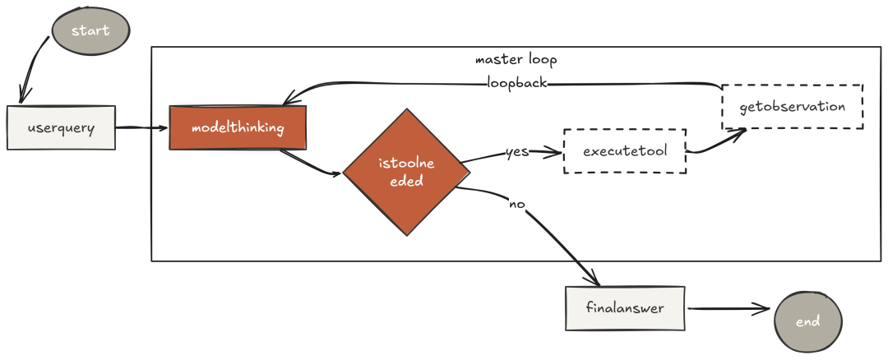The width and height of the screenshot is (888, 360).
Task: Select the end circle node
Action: pyautogui.click(x=808, y=321)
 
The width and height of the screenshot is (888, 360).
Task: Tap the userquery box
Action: pyautogui.click(x=61, y=128)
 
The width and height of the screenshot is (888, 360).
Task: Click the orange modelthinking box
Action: pyautogui.click(x=238, y=128)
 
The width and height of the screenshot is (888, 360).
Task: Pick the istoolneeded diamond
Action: pyautogui.click(x=406, y=172)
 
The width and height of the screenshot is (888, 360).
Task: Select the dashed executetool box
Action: pyautogui.click(x=625, y=151)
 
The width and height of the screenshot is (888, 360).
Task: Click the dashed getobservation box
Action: pyautogui.click(x=793, y=107)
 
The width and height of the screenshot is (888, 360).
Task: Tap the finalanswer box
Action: pyautogui.click(x=625, y=308)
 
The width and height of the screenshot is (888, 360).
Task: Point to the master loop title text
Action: pyautogui.click(x=516, y=61)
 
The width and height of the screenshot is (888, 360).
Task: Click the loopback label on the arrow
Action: pyautogui.click(x=516, y=83)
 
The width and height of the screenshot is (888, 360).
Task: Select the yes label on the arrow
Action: pyautogui.click(x=516, y=152)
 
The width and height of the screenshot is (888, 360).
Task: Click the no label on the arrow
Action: pyautogui.click(x=516, y=203)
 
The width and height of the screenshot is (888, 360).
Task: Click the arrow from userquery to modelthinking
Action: pyautogui.click(x=141, y=128)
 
